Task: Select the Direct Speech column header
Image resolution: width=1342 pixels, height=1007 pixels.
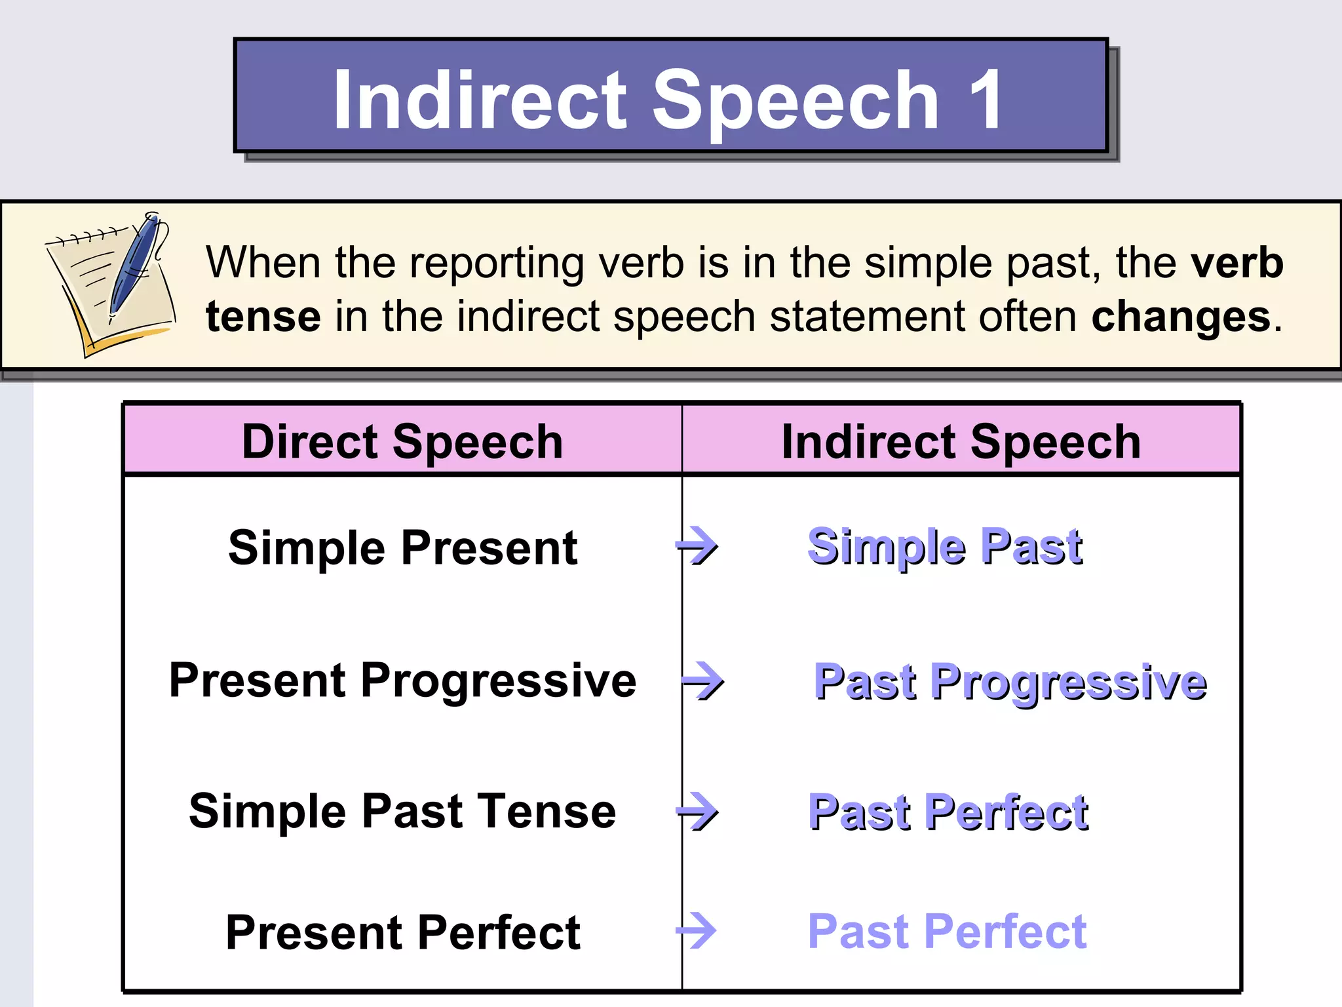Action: tap(402, 441)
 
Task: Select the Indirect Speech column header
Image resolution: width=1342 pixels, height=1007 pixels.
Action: tap(961, 441)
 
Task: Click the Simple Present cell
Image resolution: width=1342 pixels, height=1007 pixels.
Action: tap(402, 547)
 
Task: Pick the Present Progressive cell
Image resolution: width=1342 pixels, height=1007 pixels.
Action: tap(402, 680)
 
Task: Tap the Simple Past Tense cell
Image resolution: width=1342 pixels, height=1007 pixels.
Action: tap(402, 811)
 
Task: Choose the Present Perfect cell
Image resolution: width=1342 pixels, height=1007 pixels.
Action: tap(402, 932)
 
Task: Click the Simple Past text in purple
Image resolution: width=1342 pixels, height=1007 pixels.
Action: tap(945, 547)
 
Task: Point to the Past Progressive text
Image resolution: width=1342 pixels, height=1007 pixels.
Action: tap(1009, 682)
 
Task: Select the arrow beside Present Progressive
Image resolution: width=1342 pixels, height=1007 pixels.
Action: tap(703, 681)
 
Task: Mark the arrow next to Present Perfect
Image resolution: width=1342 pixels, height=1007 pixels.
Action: tap(697, 931)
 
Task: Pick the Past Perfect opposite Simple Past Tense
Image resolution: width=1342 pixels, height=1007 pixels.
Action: tap(948, 812)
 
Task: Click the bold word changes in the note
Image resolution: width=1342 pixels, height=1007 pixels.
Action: tap(1181, 317)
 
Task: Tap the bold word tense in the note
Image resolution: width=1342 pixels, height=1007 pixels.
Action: tap(263, 317)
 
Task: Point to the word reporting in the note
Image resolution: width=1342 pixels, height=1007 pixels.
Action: tap(497, 264)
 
